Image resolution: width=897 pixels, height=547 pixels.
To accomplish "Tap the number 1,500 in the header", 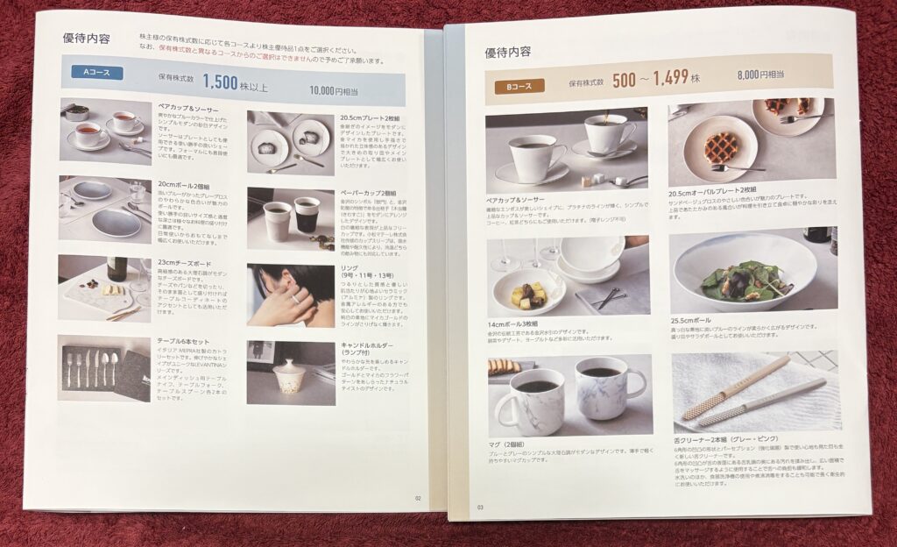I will [x=220, y=82].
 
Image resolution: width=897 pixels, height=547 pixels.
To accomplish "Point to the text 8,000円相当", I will [x=761, y=76].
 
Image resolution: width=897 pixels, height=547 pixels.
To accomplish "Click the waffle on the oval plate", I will [x=724, y=141].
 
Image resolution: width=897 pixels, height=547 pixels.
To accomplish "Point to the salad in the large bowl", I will [x=739, y=281].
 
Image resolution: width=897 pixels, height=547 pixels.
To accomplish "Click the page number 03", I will [x=480, y=506].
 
